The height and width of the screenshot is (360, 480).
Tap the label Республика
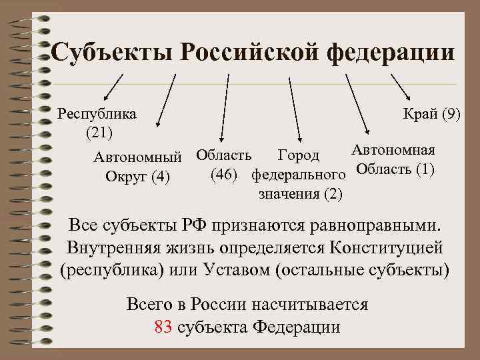97,113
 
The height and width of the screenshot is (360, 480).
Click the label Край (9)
432,113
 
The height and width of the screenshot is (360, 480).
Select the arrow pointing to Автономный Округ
166,100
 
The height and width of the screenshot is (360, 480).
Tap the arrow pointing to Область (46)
225,107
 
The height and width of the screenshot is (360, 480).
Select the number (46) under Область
225,175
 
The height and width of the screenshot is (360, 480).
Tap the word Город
298,156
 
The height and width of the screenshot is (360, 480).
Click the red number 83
163,327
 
